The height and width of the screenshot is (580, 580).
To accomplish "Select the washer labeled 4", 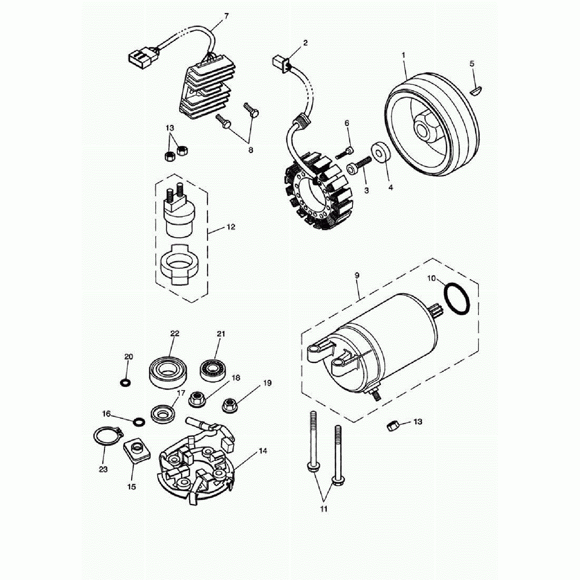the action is (x=380, y=153).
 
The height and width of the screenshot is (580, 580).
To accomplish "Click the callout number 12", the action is (x=231, y=227).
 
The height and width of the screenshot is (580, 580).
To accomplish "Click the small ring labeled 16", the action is (x=139, y=422).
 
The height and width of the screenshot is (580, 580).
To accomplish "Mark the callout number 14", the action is (x=263, y=451).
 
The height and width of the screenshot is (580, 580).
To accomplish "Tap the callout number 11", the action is (x=324, y=509).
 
